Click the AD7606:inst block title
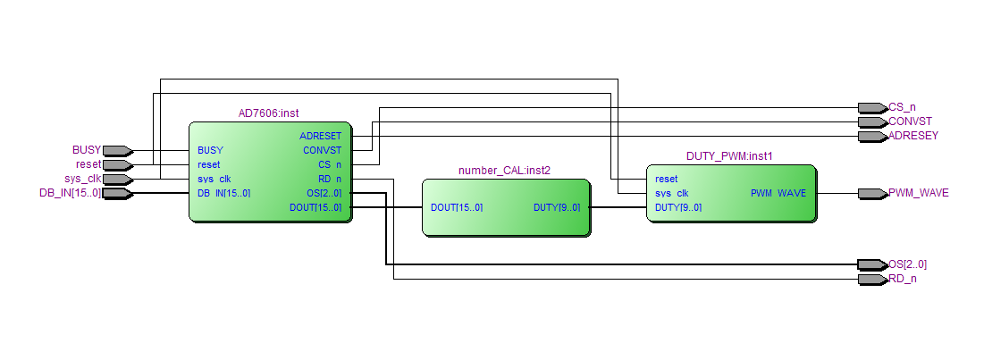(x=269, y=113)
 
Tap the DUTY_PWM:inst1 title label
(x=729, y=155)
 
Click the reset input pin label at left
(x=88, y=164)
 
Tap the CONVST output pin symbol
(x=871, y=121)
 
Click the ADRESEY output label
(x=913, y=136)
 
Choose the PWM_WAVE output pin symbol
(x=871, y=193)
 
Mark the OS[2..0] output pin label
(x=907, y=264)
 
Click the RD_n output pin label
(x=903, y=279)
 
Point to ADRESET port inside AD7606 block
(x=320, y=136)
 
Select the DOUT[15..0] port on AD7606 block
(x=316, y=207)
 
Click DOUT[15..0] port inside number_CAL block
(x=457, y=207)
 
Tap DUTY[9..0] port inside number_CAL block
(x=556, y=207)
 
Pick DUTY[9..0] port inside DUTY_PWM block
(x=678, y=207)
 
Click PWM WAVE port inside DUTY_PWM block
(x=778, y=193)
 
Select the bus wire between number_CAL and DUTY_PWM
(x=618, y=207)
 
